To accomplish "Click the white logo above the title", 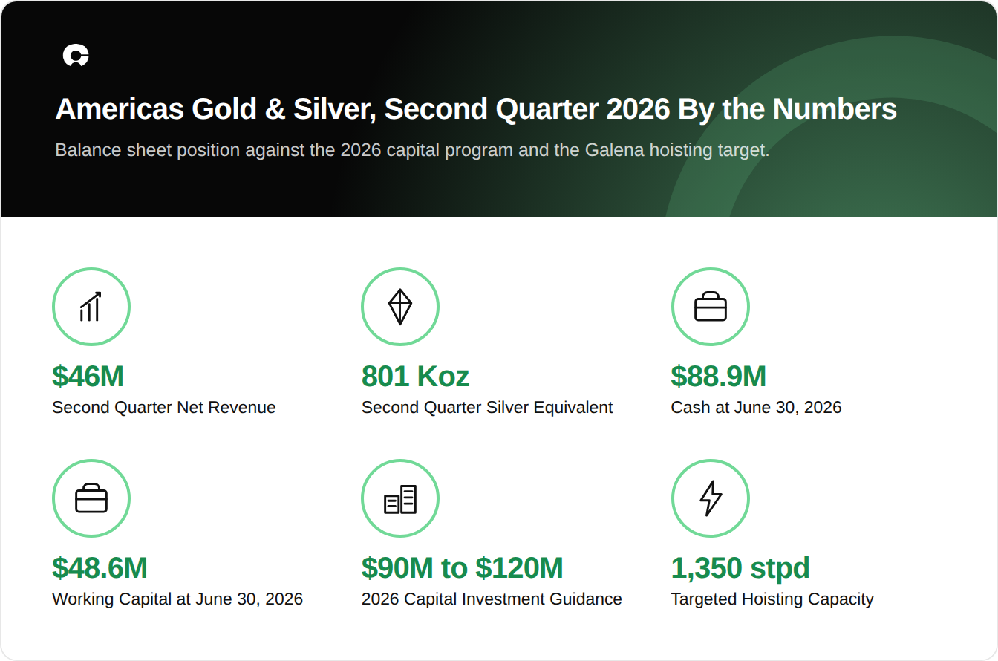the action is pyautogui.click(x=76, y=55).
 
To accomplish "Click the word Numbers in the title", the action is pyautogui.click(x=835, y=109).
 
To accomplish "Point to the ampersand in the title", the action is pyautogui.click(x=275, y=109).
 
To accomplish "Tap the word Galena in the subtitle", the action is pyautogui.click(x=614, y=150).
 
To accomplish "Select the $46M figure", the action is pyautogui.click(x=88, y=377).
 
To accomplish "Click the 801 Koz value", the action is pyautogui.click(x=415, y=377).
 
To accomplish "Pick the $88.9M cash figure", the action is pyautogui.click(x=718, y=377).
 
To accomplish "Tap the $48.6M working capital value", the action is pyautogui.click(x=100, y=568).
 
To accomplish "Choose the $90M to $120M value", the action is pyautogui.click(x=462, y=568).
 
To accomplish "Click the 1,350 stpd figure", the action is pyautogui.click(x=740, y=568).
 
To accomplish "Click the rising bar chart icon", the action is pyautogui.click(x=91, y=307).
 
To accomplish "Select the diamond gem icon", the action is pyautogui.click(x=400, y=307).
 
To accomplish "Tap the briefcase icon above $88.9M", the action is pyautogui.click(x=711, y=307).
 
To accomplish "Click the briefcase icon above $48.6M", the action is pyautogui.click(x=91, y=498).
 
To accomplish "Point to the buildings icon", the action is pyautogui.click(x=400, y=499).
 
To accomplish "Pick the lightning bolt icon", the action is pyautogui.click(x=711, y=498).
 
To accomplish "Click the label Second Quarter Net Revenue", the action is pyautogui.click(x=164, y=408).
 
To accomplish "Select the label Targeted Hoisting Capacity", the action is pyautogui.click(x=772, y=599).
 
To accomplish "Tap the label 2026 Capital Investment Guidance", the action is pyautogui.click(x=492, y=599).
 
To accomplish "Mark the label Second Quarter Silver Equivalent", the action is pyautogui.click(x=487, y=408).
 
